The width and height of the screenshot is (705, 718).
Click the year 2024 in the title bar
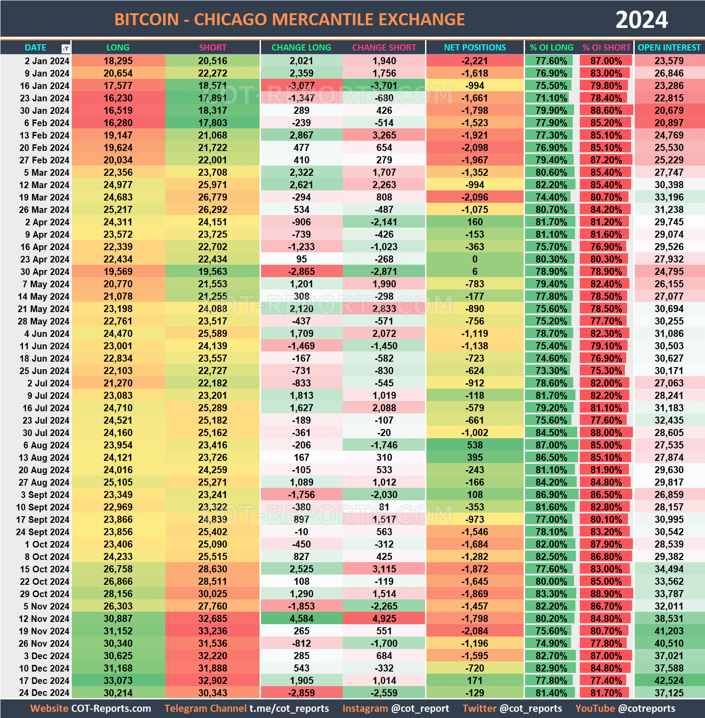coord(641,20)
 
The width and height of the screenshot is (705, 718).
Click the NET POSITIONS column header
coord(475,47)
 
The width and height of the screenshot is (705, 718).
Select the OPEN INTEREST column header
coord(669,47)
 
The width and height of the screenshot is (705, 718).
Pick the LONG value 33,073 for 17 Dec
coord(118,681)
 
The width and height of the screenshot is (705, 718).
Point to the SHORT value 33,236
coord(212,631)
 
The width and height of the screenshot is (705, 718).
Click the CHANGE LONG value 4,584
coord(301,619)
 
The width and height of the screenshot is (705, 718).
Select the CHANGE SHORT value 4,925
coord(384,619)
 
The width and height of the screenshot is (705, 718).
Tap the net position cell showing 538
coord(475,445)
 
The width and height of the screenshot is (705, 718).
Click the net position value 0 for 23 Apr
coord(475,259)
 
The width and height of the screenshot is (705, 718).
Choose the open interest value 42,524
coord(669,681)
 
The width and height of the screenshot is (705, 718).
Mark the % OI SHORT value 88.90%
coord(605,594)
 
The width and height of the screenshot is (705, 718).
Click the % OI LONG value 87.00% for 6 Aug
coord(551,445)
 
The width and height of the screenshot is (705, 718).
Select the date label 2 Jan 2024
coord(46,61)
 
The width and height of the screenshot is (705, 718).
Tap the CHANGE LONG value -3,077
coord(301,86)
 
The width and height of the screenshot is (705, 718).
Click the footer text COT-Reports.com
coord(111,709)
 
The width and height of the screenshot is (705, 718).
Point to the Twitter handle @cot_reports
coord(530,709)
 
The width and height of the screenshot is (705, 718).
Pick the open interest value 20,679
coord(669,111)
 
